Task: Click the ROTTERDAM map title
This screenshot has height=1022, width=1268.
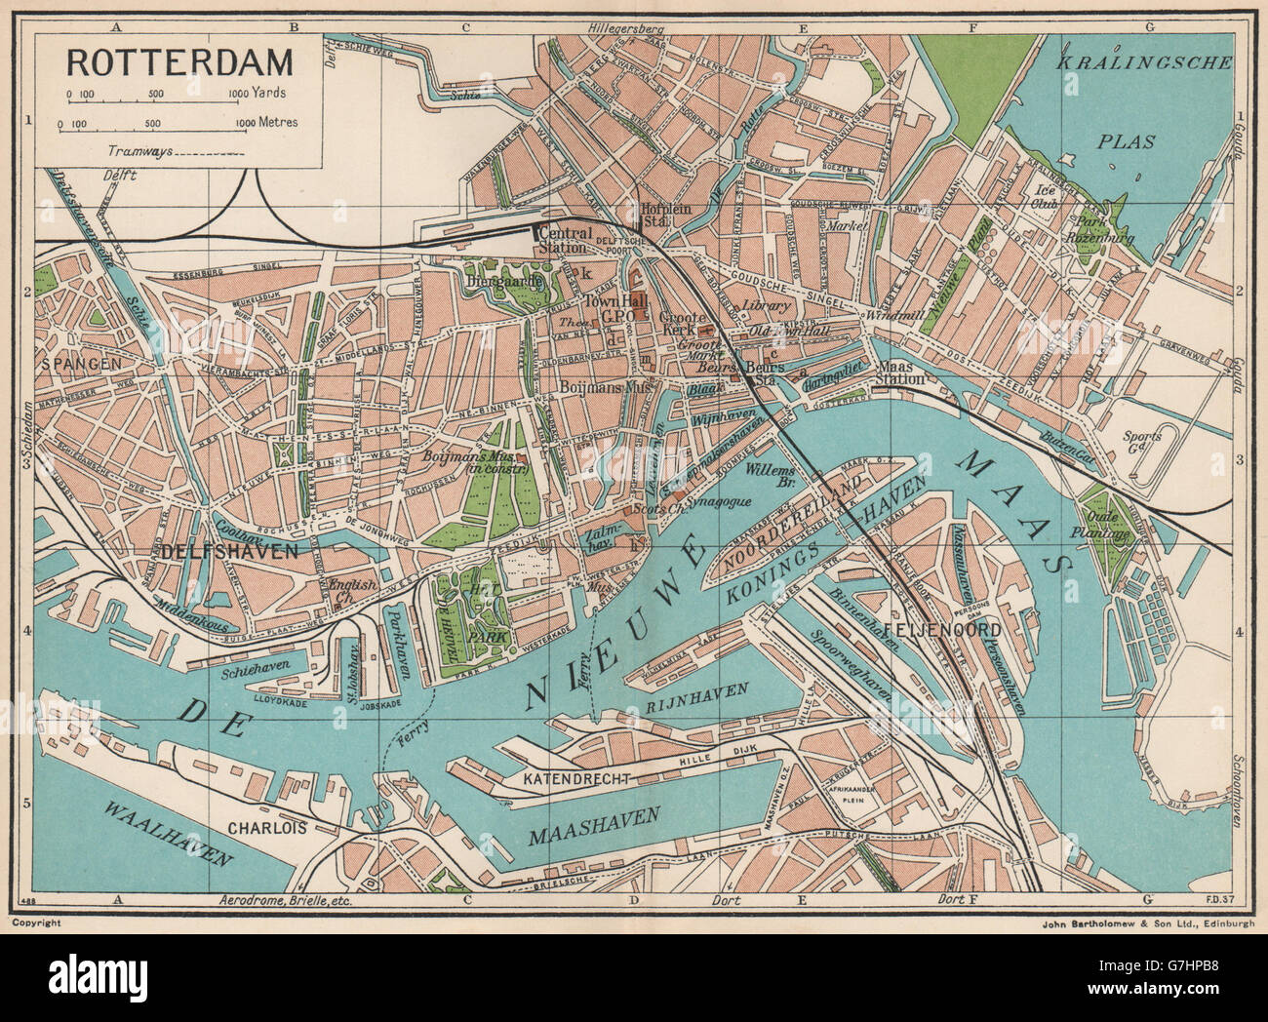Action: [x=178, y=61]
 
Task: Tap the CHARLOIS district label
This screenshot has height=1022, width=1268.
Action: [x=267, y=828]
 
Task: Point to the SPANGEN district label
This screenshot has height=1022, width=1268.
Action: [x=80, y=363]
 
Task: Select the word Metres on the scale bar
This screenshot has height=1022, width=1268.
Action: [x=275, y=124]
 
